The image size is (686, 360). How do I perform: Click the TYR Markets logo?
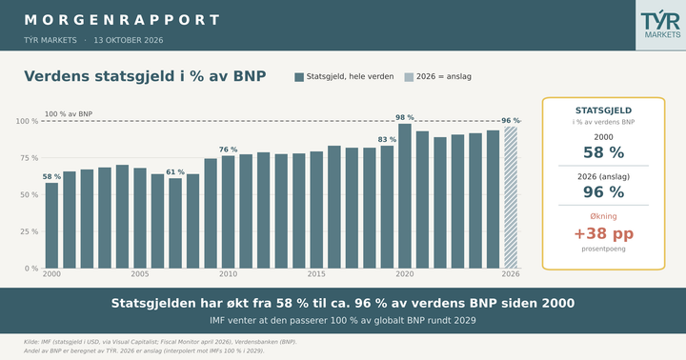pos(660,25)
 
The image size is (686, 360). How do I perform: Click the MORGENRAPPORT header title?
pos(122,20)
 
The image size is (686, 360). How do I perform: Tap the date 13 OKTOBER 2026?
pos(129,40)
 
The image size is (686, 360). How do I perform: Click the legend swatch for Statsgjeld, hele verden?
pos(299,77)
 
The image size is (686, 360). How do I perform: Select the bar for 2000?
pos(51,226)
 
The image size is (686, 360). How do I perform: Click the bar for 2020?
pos(405,196)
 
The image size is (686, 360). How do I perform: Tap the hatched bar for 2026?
pos(511,197)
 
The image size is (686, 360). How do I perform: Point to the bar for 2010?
pos(228,212)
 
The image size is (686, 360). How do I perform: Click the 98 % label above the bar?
pos(405,117)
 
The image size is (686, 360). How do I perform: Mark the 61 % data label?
pos(175,172)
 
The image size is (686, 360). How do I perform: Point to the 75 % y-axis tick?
pos(29,158)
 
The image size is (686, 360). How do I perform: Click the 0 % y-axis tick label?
pos(31,269)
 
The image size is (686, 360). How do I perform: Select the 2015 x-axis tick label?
pos(316,274)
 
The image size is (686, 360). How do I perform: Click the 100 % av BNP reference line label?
pos(69,114)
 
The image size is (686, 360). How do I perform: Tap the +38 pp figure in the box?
pos(604,233)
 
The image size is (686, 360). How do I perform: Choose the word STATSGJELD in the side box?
pos(604,110)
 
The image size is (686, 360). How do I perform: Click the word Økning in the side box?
pos(604,216)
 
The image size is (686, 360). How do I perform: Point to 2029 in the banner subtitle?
pos(466,320)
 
